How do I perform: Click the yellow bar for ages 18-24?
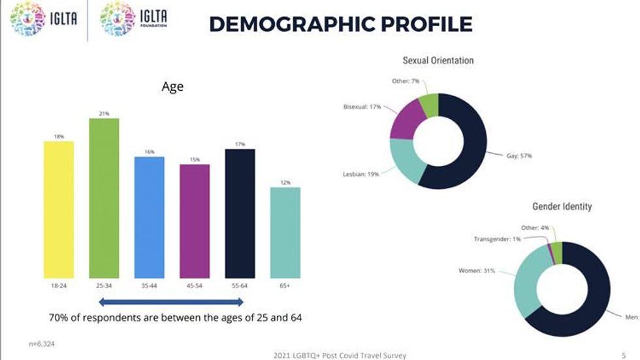point(59,209)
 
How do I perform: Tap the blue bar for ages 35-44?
point(150,217)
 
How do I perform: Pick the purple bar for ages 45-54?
point(195,221)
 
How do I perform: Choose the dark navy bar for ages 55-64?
point(240,214)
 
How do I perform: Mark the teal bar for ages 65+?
point(285,233)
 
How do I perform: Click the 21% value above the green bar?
point(104,114)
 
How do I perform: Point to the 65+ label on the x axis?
point(285,286)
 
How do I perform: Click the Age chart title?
point(172,87)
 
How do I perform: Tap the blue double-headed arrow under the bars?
point(171,302)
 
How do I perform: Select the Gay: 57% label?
point(520,156)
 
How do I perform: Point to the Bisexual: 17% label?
point(362,106)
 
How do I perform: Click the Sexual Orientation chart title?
point(438,61)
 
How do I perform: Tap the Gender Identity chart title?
point(562,207)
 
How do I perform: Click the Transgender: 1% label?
point(497,239)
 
